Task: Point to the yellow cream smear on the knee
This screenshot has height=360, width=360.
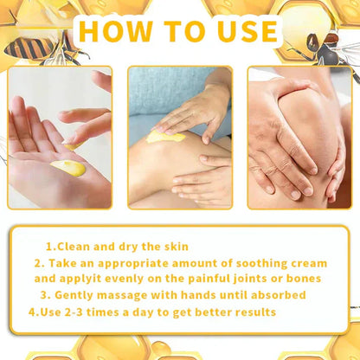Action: [x=164, y=136]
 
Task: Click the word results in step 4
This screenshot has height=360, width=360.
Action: [x=248, y=312]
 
